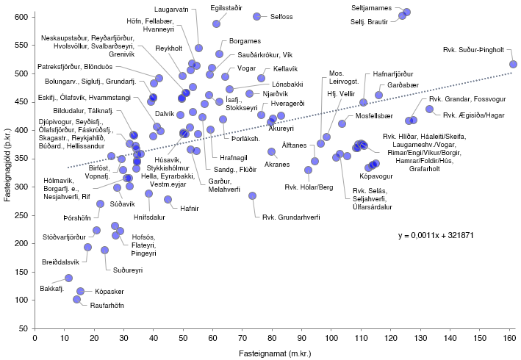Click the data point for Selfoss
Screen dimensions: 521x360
(x=257, y=16)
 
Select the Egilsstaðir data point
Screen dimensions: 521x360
(x=216, y=24)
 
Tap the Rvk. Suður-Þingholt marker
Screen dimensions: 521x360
(x=514, y=64)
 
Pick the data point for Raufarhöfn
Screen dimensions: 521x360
(x=76, y=300)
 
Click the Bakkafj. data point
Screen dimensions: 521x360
(x=69, y=278)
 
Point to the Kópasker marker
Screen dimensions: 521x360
(x=80, y=291)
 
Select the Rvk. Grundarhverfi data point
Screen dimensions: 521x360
(x=253, y=196)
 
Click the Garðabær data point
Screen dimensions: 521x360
(x=378, y=96)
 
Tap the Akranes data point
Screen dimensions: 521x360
(x=271, y=152)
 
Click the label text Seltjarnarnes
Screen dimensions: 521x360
(x=372, y=8)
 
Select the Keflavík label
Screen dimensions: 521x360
(x=285, y=69)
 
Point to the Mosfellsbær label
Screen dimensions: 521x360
(x=374, y=116)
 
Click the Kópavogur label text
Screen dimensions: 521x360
(x=376, y=176)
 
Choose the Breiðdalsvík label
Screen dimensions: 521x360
(x=60, y=262)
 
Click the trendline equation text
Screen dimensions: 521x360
(x=436, y=235)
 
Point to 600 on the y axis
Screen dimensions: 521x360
(x=21, y=17)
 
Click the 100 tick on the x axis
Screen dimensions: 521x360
(x=331, y=338)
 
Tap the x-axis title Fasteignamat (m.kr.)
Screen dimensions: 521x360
(x=275, y=353)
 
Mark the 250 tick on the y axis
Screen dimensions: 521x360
(x=21, y=215)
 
